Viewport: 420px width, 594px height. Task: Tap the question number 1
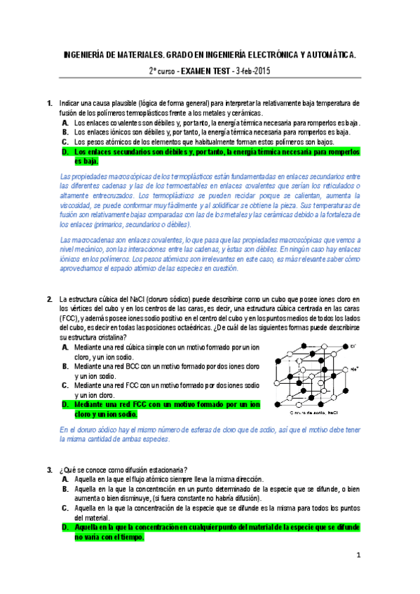[x=49, y=104]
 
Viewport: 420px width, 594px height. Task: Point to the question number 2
[x=49, y=299]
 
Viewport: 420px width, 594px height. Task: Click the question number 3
[x=49, y=469]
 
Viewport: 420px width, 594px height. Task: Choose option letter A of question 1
[x=65, y=123]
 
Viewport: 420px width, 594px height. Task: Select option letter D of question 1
[x=65, y=151]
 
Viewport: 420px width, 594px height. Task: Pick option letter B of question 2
[x=65, y=366]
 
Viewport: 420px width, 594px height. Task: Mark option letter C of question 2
[x=65, y=385]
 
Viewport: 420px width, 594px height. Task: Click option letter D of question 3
[x=65, y=526]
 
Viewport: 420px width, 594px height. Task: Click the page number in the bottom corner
[x=358, y=556]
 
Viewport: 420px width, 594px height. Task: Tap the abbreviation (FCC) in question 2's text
[x=69, y=319]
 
